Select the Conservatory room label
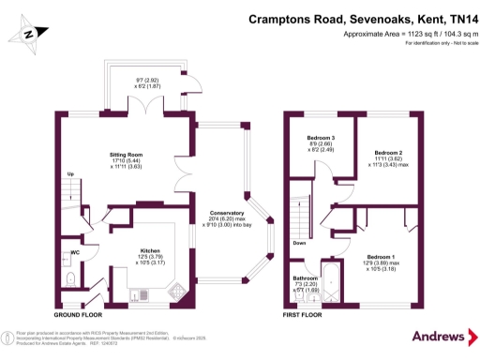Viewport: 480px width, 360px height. coord(228,211)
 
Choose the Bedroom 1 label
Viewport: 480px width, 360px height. coord(381,257)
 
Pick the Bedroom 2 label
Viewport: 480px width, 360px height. coord(388,152)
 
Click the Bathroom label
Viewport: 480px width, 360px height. coord(305,278)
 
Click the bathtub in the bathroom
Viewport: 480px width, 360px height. coord(329,283)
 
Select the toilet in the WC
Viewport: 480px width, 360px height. coord(71,279)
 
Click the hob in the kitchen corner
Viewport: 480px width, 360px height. coord(177,293)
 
